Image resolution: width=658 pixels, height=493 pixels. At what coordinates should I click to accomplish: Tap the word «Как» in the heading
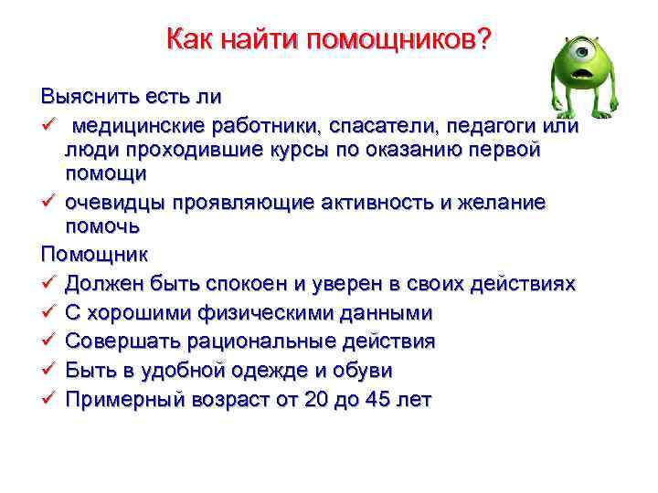pos(190,40)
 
